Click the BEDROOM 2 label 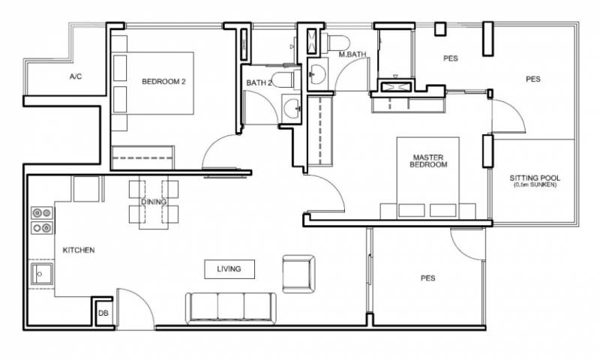click(163, 82)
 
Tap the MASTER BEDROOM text click(428, 161)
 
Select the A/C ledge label click(76, 76)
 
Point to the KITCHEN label click(79, 250)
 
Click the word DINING click(154, 202)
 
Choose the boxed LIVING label click(229, 269)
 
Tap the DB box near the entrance click(103, 313)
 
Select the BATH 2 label click(259, 82)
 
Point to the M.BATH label click(352, 54)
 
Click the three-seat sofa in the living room click(231, 308)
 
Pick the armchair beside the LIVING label click(298, 274)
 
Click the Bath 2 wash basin click(292, 107)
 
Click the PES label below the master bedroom click(427, 278)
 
